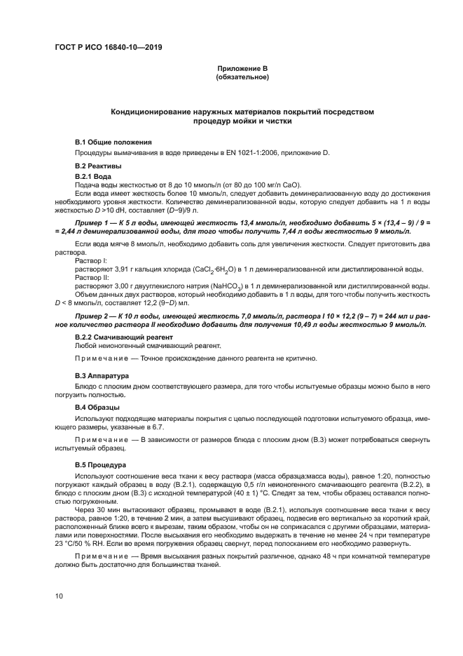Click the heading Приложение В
pos(242,68)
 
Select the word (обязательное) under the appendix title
pos(242,76)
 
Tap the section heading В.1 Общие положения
pos(113,142)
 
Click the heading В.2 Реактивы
pos(98,166)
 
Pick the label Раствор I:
pos(89,260)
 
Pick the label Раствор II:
pos(90,277)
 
